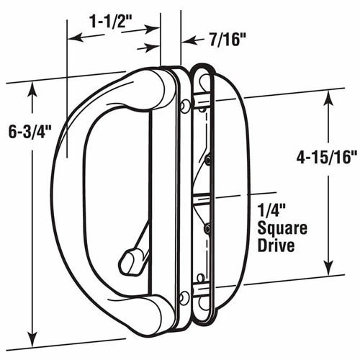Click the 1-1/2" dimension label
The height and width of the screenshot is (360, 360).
tap(111, 22)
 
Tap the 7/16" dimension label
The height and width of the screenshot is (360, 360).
tap(225, 40)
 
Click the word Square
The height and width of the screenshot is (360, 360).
tap(282, 229)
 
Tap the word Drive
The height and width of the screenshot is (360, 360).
tap(276, 245)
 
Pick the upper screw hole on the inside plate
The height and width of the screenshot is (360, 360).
tap(184, 106)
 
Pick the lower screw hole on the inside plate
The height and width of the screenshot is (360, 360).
tap(184, 297)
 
